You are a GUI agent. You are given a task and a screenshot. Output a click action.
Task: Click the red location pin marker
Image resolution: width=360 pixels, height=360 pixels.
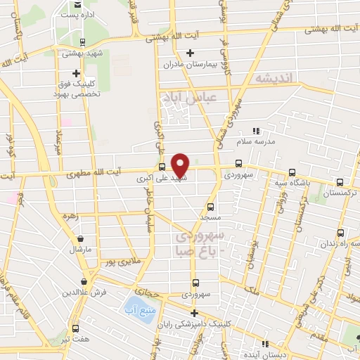pos(181,165)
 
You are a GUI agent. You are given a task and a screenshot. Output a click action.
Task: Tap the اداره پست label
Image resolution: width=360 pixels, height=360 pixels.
pos(76,14)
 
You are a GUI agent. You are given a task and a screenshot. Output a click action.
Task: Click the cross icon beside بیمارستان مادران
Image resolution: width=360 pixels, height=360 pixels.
pos(190,53)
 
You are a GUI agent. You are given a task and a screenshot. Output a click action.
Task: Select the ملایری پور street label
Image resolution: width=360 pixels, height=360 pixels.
pos(117,262)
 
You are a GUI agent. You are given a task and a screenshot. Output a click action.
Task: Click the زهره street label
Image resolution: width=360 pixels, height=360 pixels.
pos(69,217)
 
